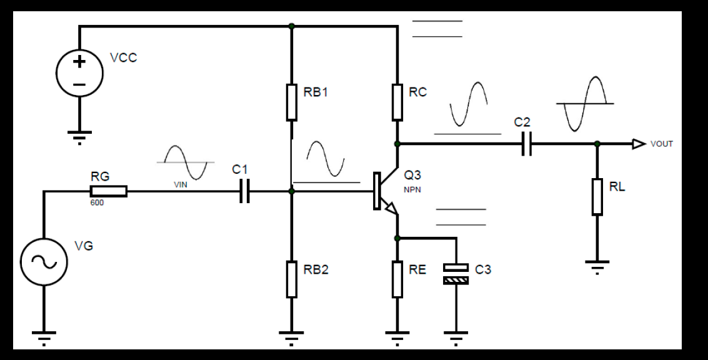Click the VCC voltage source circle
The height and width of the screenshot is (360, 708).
click(79, 73)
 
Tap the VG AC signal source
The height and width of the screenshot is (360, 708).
click(44, 262)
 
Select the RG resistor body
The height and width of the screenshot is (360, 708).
click(108, 191)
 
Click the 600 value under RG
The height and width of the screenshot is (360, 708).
click(97, 202)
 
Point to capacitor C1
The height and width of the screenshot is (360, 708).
click(244, 191)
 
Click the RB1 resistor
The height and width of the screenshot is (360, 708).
click(292, 102)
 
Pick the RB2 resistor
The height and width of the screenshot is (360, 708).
click(292, 279)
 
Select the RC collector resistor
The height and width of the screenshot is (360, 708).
click(397, 102)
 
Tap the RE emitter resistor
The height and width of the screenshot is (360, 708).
click(397, 279)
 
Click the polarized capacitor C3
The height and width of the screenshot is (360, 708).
click(456, 274)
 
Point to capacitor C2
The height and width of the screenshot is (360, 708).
click(527, 144)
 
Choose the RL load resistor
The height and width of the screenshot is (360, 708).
click(597, 196)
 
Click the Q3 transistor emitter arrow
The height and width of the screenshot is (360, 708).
click(391, 207)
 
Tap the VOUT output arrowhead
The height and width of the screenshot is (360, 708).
click(639, 144)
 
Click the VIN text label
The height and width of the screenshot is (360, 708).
click(181, 185)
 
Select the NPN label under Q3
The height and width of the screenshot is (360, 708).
click(412, 190)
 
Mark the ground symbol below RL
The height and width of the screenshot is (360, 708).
click(597, 267)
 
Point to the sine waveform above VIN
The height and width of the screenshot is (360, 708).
click(186, 162)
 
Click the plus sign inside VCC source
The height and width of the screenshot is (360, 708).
click(79, 61)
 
